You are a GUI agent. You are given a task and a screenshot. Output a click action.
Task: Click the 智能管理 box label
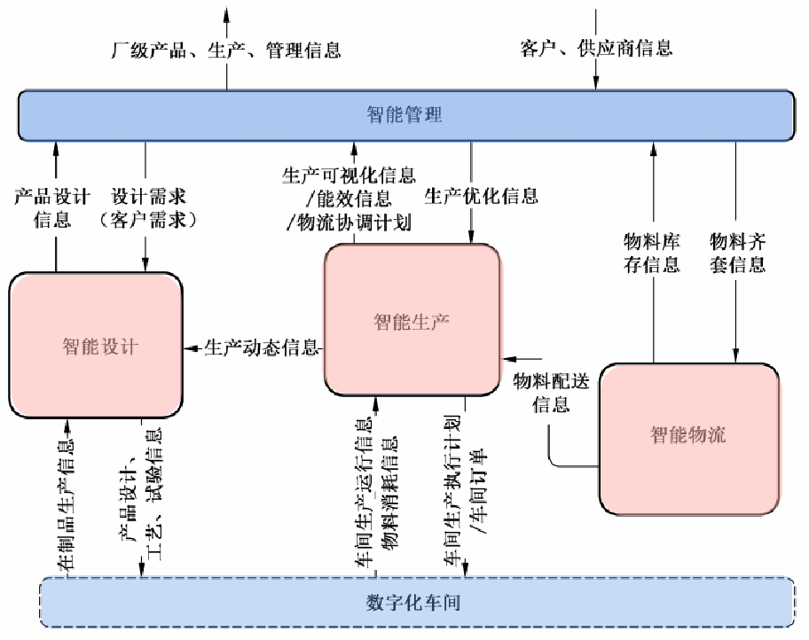pos(404,114)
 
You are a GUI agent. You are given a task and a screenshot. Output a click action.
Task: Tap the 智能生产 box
pos(412,321)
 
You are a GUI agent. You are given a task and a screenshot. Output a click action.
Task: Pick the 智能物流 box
pos(688,435)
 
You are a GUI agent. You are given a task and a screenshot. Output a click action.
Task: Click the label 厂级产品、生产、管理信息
pos(226,50)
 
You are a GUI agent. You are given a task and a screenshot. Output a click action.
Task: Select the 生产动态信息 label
pos(262,347)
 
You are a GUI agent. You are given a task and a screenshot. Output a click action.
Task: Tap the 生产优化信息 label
pos(481,195)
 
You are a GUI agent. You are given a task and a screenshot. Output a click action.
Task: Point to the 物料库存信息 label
pos(652,253)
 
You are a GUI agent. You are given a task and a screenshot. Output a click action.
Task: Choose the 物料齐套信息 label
pos(737,253)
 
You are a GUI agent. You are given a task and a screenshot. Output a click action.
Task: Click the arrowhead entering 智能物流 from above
pos(736,356)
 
